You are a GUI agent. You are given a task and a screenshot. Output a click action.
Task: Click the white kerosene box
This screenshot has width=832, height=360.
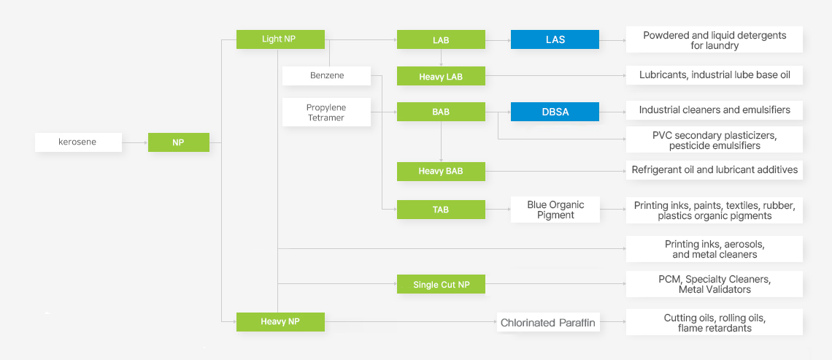coord(78,142)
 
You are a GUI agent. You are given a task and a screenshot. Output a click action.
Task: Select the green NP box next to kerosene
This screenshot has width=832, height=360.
coord(178,142)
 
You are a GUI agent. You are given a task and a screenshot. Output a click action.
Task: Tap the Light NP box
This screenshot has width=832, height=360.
coord(280,39)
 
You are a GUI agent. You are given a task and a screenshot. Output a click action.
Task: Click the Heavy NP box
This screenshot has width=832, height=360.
coord(280,321)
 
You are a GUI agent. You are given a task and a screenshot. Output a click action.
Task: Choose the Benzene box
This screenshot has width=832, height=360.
coord(326,75)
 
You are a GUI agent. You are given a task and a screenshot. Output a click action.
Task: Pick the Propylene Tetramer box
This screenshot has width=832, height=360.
coord(326,112)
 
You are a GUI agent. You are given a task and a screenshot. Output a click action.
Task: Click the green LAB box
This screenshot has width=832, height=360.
coord(441,39)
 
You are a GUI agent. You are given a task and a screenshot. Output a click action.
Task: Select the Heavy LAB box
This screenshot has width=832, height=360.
coord(441,76)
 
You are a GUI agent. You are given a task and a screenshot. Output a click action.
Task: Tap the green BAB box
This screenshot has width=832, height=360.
coord(441,112)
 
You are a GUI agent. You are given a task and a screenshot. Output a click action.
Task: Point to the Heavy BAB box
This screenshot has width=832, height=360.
coord(441,171)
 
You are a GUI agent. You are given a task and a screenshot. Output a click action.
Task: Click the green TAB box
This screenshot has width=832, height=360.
coord(441,210)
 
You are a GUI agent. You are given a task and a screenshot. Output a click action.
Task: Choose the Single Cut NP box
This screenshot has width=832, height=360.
coord(441,284)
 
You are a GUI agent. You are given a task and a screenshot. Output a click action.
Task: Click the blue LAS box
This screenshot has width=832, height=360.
coord(555,39)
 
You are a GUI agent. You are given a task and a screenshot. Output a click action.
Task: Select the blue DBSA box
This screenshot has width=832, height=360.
coord(555,112)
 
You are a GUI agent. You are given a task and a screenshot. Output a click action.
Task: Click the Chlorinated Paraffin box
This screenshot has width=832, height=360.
coord(548,322)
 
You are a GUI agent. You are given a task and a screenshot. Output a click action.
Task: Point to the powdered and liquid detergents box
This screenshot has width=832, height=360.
coord(714,40)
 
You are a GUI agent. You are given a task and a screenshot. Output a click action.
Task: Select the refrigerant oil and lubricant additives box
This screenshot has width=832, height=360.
coord(714,170)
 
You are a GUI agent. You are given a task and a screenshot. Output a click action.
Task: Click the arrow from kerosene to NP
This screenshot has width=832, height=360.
coord(135,142)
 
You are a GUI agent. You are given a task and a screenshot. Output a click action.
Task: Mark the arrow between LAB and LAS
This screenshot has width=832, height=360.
coord(498,40)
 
